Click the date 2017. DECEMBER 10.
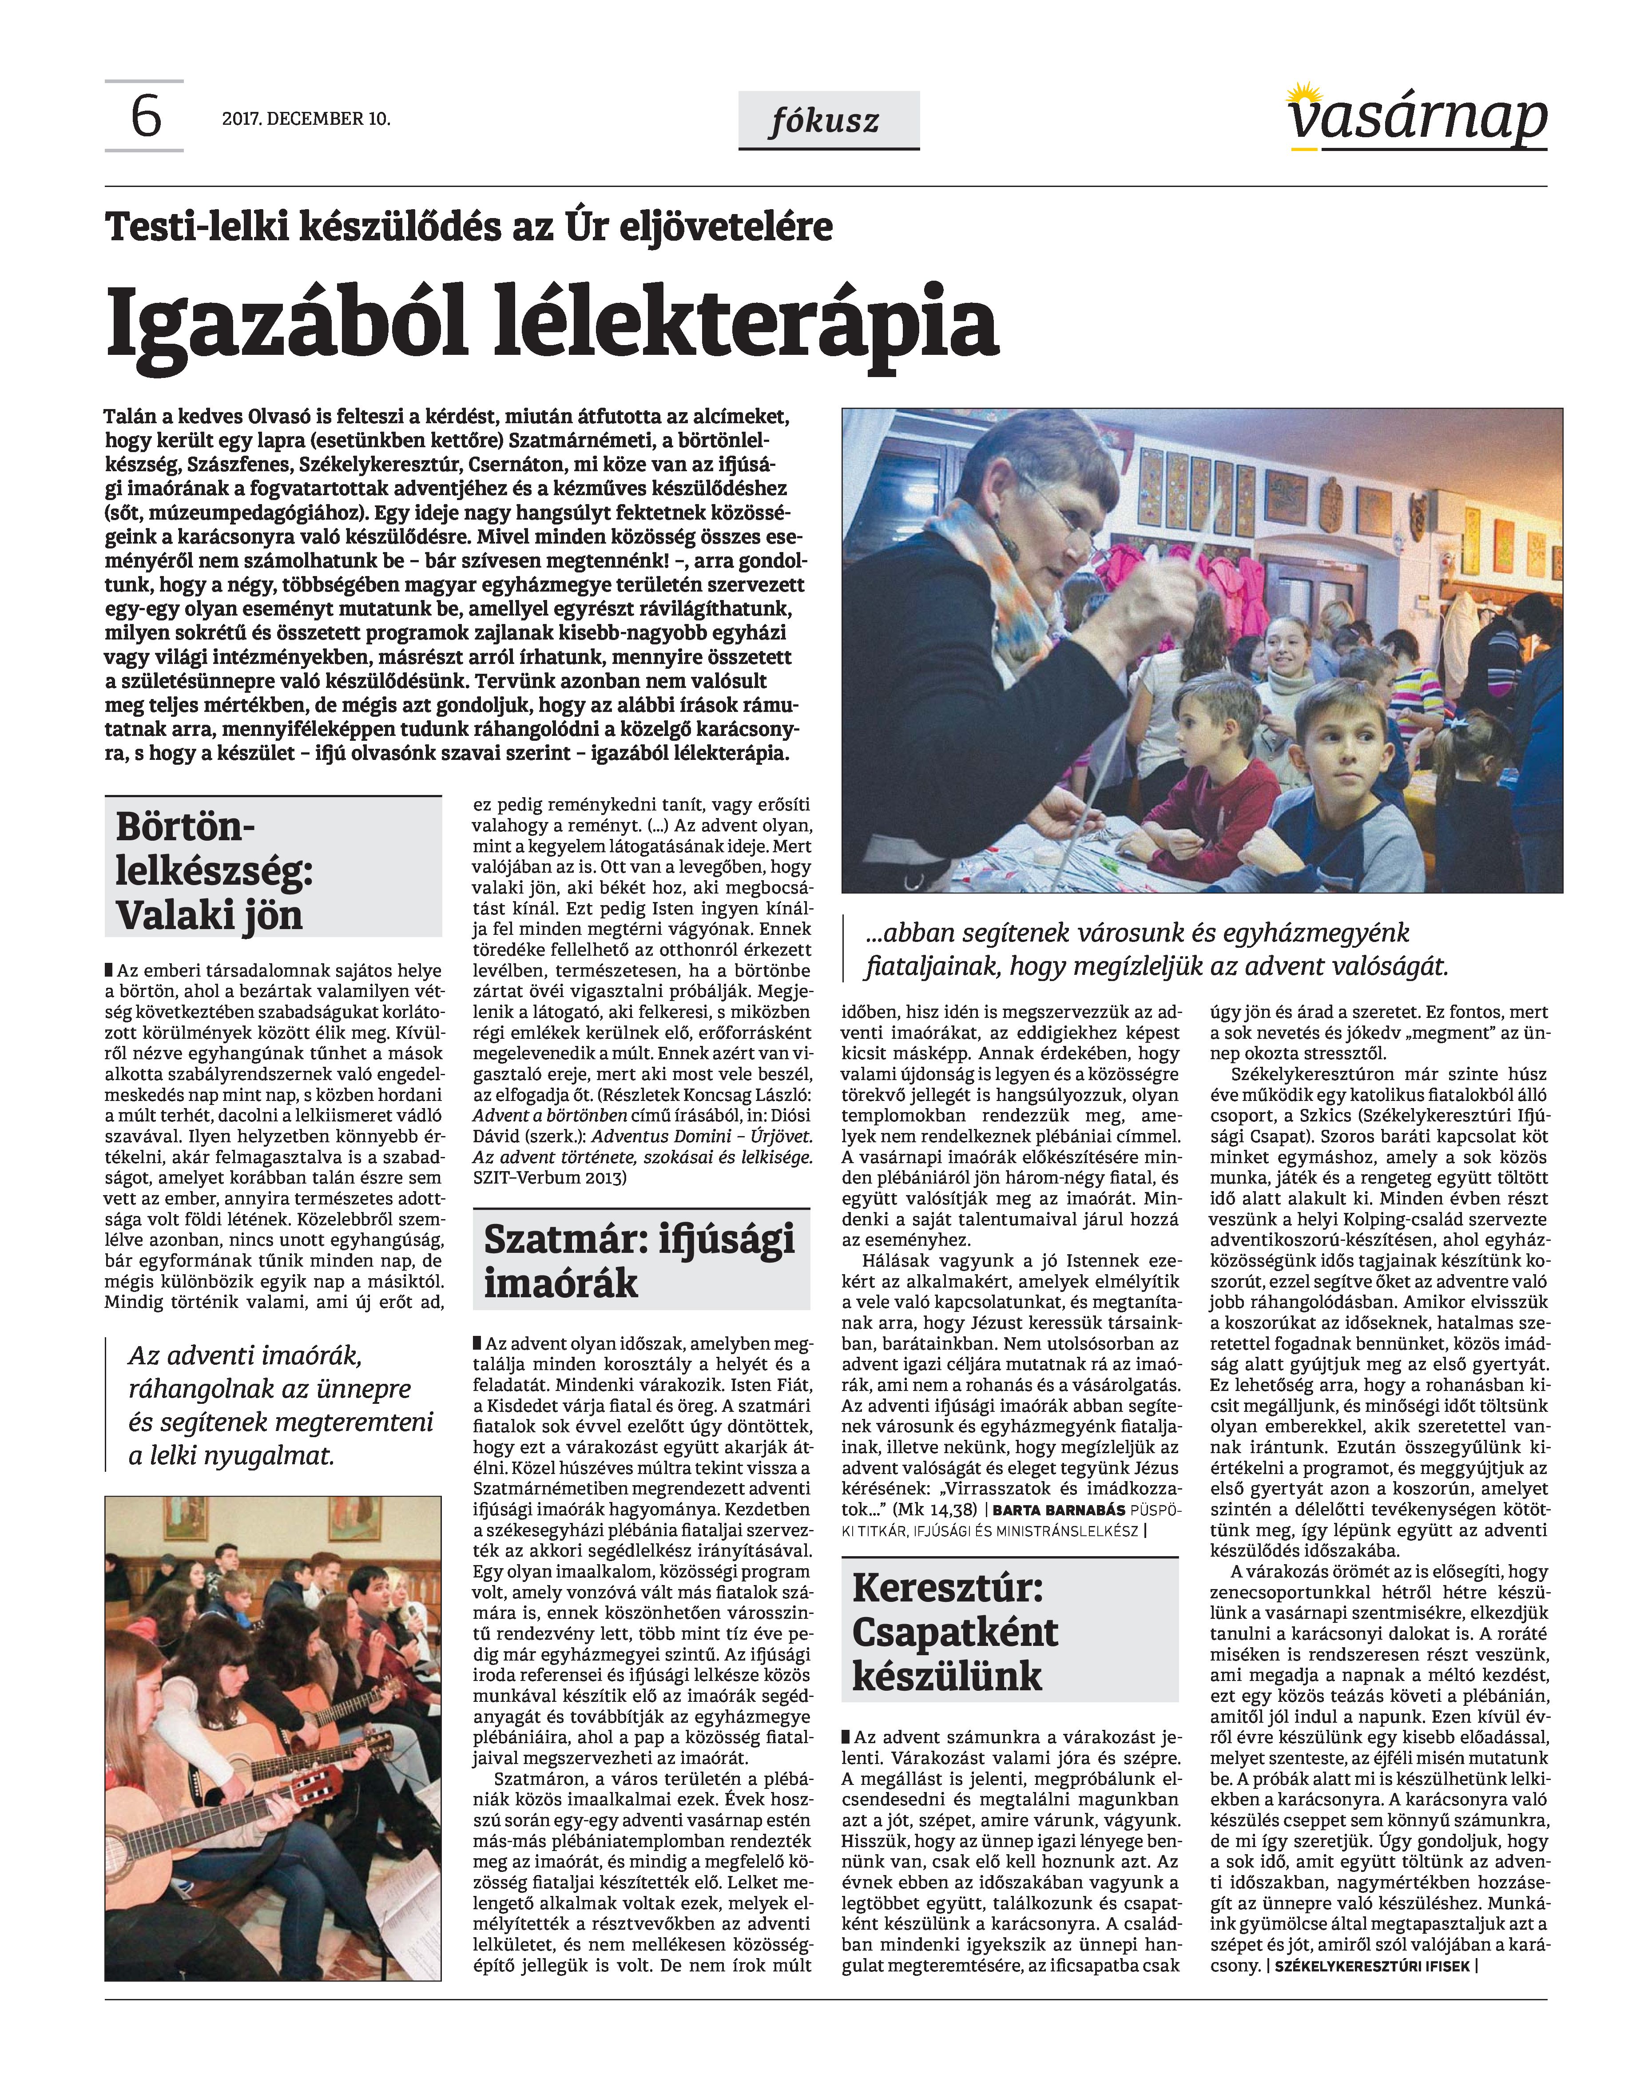306,119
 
